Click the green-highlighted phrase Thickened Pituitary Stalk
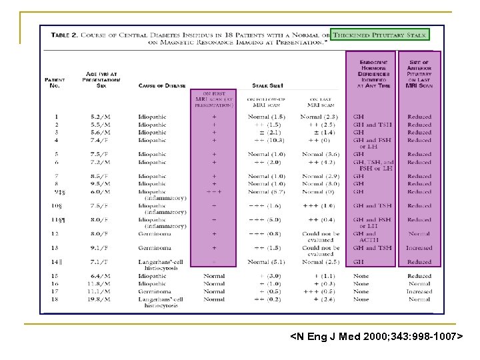click(380, 34)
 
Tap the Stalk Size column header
click(267, 85)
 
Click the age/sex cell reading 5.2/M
click(101, 117)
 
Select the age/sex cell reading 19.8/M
click(101, 299)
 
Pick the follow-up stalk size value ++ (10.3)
click(265, 141)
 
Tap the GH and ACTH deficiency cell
click(367, 237)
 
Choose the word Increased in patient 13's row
click(419, 248)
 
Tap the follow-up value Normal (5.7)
click(265, 191)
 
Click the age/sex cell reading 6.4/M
click(101, 275)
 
